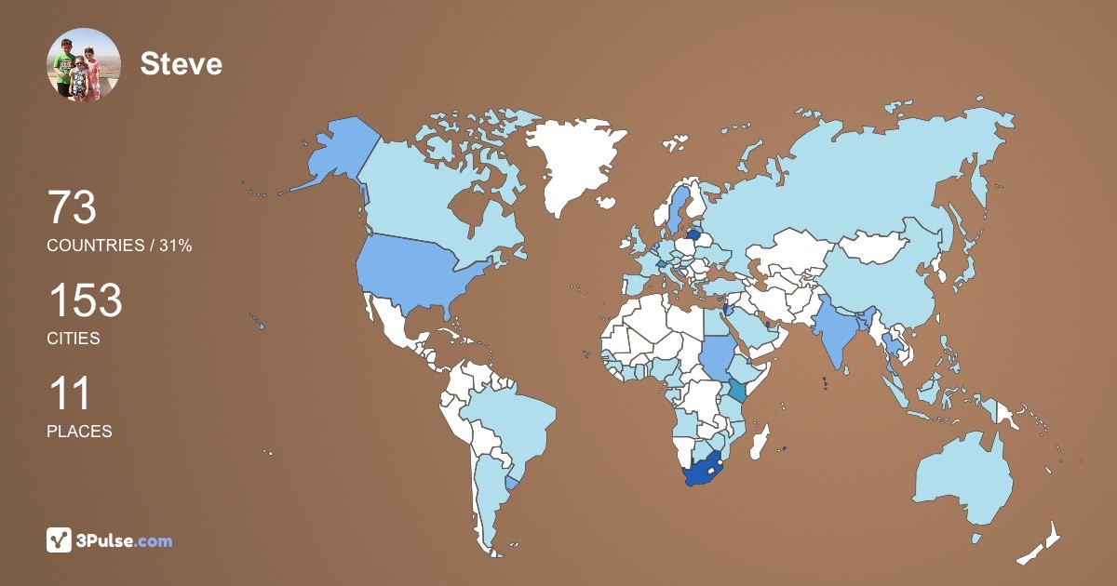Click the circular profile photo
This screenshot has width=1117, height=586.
point(84,64)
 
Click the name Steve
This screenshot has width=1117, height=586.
point(181,63)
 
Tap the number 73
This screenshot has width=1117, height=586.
point(72,207)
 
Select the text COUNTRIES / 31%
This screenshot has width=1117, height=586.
point(119,246)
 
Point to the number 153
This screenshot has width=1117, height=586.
point(85,300)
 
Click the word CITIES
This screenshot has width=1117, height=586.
point(74,339)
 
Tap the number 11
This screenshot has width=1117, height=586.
point(69,393)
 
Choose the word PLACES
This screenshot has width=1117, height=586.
point(79,432)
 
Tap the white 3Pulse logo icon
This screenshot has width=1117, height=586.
point(60,539)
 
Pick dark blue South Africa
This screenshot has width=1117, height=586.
point(705,473)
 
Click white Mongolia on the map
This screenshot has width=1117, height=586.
point(876,246)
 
